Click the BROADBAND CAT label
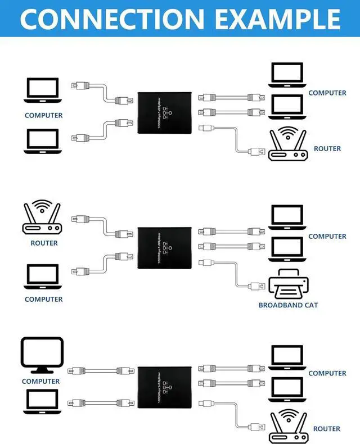(288, 305)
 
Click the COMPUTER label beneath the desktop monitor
(40, 381)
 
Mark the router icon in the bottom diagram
(289, 425)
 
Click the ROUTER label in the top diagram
(327, 149)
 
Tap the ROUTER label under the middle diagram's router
(44, 243)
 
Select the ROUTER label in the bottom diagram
(327, 429)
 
